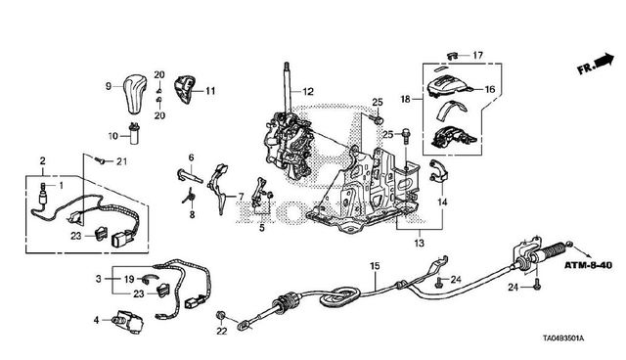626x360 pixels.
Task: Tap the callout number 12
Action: click(308, 92)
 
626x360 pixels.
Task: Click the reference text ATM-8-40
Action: click(588, 265)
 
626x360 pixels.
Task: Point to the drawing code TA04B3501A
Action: click(563, 338)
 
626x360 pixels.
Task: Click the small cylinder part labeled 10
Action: click(135, 134)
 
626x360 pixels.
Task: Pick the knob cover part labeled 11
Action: click(184, 89)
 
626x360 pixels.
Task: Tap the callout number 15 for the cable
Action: click(375, 266)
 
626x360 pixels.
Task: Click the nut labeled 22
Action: click(220, 316)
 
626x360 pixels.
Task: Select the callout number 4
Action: click(96, 320)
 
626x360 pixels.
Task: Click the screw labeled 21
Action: click(100, 160)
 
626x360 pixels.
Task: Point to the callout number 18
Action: click(405, 99)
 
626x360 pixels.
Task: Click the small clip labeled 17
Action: click(452, 55)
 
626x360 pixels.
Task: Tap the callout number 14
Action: click(442, 202)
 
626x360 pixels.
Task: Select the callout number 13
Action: click(420, 243)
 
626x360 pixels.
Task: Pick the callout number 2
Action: click(43, 160)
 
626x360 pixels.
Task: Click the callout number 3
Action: click(99, 279)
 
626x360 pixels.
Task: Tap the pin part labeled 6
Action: click(190, 175)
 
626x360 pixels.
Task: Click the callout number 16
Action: click(489, 89)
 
